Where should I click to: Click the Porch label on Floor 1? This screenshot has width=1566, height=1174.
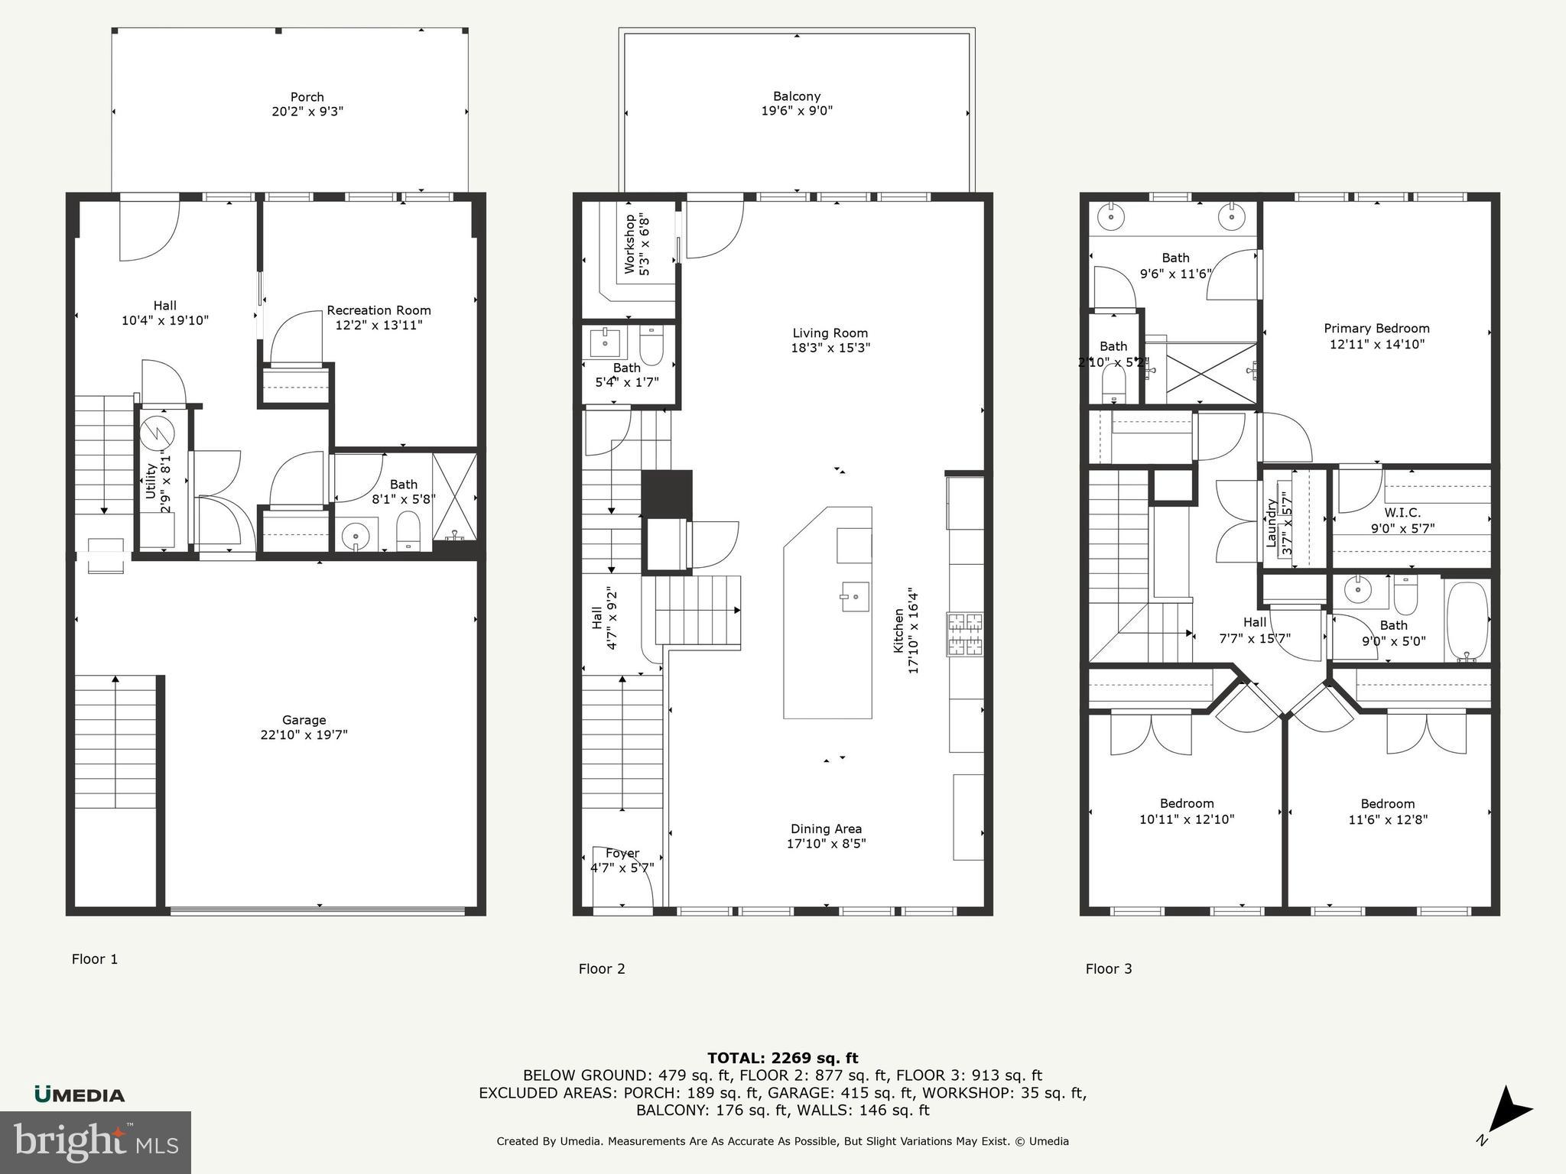[x=307, y=97]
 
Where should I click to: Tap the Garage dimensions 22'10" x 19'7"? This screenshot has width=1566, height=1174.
[x=304, y=735]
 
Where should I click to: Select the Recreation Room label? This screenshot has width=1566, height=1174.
[x=379, y=310]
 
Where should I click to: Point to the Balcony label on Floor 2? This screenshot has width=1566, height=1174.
[x=797, y=96]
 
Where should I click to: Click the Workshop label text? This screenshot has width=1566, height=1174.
[x=629, y=244]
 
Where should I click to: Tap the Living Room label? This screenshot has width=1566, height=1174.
[x=830, y=333]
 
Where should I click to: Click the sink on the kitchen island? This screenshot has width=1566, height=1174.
[x=855, y=596]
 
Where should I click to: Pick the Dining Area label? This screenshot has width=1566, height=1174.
[x=826, y=829]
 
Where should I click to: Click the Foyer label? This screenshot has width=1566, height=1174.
[x=622, y=853]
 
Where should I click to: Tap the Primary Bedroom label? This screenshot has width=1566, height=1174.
[x=1376, y=329]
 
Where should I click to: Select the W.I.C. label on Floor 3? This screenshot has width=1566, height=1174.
[x=1402, y=513]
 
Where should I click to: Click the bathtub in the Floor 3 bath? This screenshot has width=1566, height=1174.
[x=1467, y=621]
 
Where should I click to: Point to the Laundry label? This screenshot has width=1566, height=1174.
[x=1272, y=524]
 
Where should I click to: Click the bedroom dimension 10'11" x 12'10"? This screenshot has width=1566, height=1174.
[x=1187, y=819]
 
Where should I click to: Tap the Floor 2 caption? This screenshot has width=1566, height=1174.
[x=602, y=969]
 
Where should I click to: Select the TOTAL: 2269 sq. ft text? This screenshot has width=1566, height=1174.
[x=782, y=1059]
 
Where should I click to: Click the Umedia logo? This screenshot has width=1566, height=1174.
[x=80, y=1095]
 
